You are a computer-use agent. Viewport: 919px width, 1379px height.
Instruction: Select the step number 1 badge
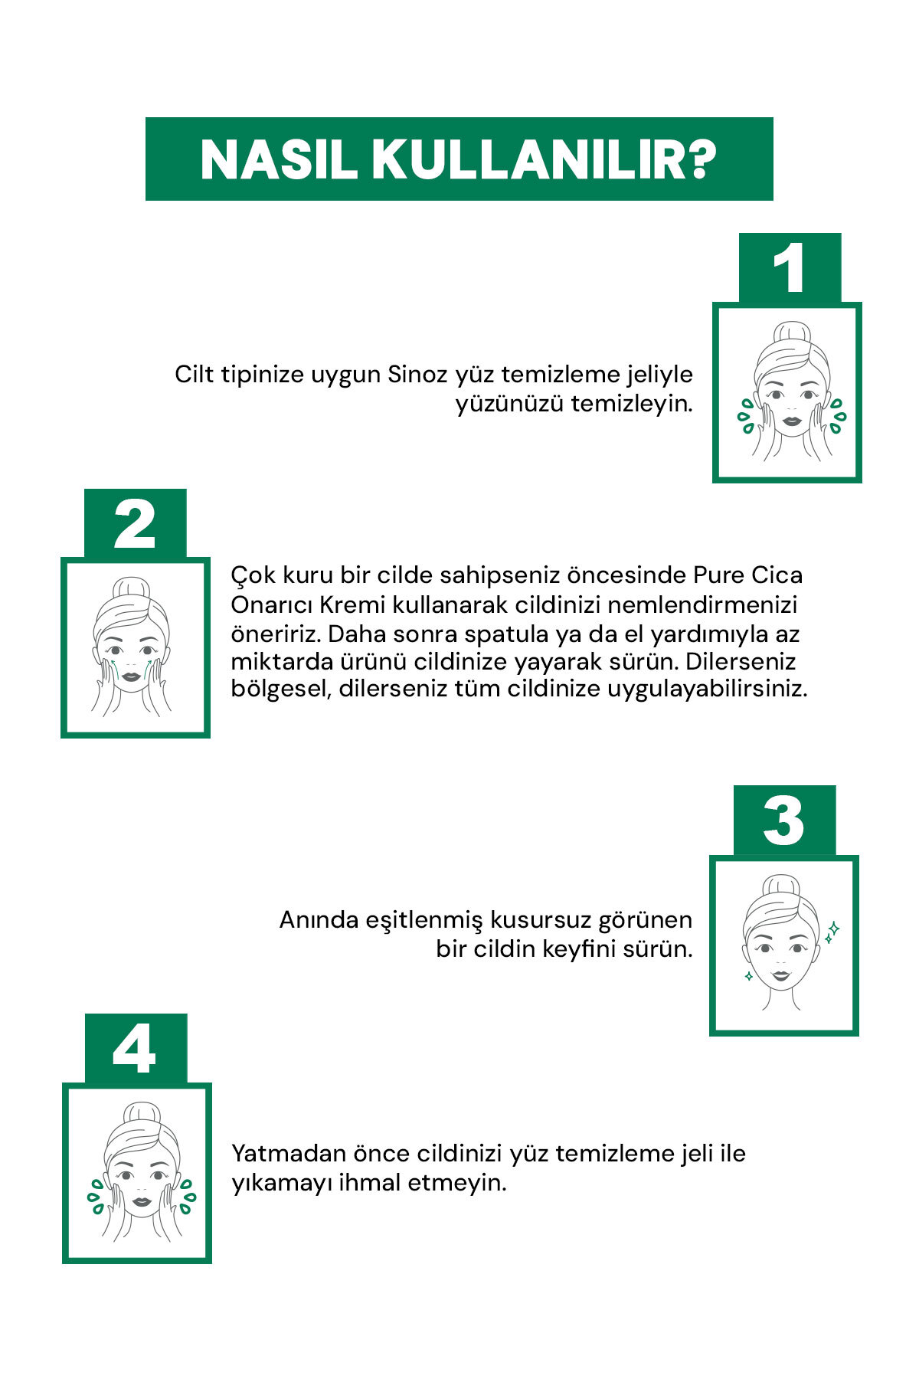(790, 267)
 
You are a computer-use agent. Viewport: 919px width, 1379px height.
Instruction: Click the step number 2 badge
(135, 523)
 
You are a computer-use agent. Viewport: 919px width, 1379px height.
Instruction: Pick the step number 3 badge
(784, 821)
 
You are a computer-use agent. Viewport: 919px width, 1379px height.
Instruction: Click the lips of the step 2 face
(132, 677)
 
